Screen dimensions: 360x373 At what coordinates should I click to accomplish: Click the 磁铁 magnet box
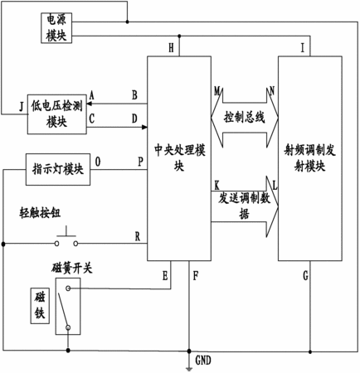click(x=40, y=306)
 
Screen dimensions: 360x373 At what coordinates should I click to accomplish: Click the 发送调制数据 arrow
click(x=245, y=206)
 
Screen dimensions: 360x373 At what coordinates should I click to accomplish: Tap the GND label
click(x=203, y=361)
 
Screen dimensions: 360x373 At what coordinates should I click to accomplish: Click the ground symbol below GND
click(x=189, y=369)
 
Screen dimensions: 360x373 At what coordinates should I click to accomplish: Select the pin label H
click(x=171, y=48)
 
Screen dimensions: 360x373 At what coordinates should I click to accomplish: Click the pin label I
click(x=303, y=48)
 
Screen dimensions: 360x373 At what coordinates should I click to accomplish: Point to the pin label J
click(x=22, y=106)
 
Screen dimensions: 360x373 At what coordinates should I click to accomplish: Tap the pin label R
click(x=138, y=236)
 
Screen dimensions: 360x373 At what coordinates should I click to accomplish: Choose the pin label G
click(x=305, y=275)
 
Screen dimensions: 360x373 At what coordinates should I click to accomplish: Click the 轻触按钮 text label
click(x=40, y=213)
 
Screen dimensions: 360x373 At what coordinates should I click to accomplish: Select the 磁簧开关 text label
click(x=72, y=268)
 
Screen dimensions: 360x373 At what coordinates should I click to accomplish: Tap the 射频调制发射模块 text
click(x=309, y=158)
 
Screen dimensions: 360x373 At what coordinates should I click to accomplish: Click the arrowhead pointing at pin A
click(x=90, y=104)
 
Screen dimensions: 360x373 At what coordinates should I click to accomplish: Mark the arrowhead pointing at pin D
click(x=144, y=127)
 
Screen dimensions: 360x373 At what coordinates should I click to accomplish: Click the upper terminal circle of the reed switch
click(x=68, y=288)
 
